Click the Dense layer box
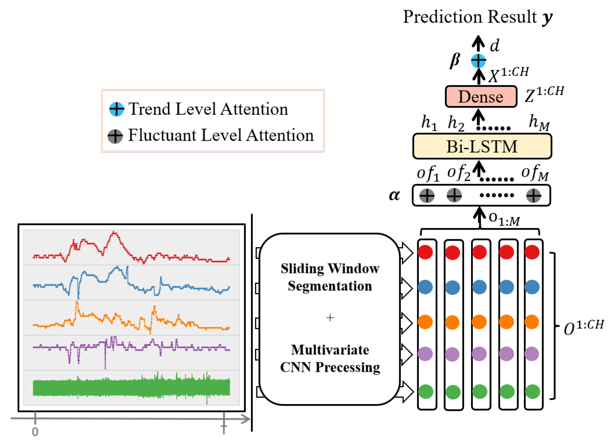pos(481,97)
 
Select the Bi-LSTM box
pos(482,146)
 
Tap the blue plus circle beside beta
pos(478,60)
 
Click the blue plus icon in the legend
pos(117,109)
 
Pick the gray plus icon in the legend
pos(115,136)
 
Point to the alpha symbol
pos(394,195)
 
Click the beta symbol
pos(455,60)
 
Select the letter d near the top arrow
pos(495,45)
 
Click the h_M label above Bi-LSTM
pos(539,123)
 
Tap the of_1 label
pos(428,173)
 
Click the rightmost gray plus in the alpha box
pos(533,195)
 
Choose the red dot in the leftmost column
pos(425,252)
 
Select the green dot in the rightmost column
pos(532,392)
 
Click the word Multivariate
pos(330,350)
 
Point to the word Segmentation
pos(330,286)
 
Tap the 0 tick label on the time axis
pos(35,432)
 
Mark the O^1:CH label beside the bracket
pos(584,327)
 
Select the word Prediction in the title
pos(442,17)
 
